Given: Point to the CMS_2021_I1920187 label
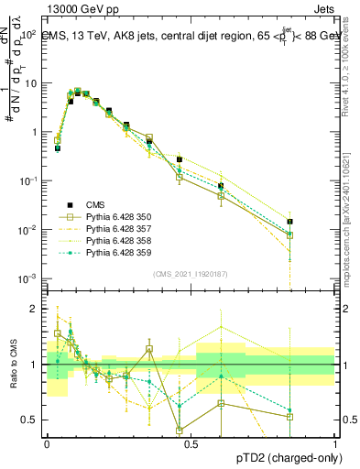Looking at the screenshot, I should (190, 273).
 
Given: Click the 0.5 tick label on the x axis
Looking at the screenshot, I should (191, 442).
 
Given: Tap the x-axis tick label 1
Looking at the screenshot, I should (334, 442).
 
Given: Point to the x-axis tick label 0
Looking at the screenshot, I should (47, 442).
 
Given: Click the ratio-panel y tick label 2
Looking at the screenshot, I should (35, 309).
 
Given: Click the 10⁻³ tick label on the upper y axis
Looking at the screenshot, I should (28, 278).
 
